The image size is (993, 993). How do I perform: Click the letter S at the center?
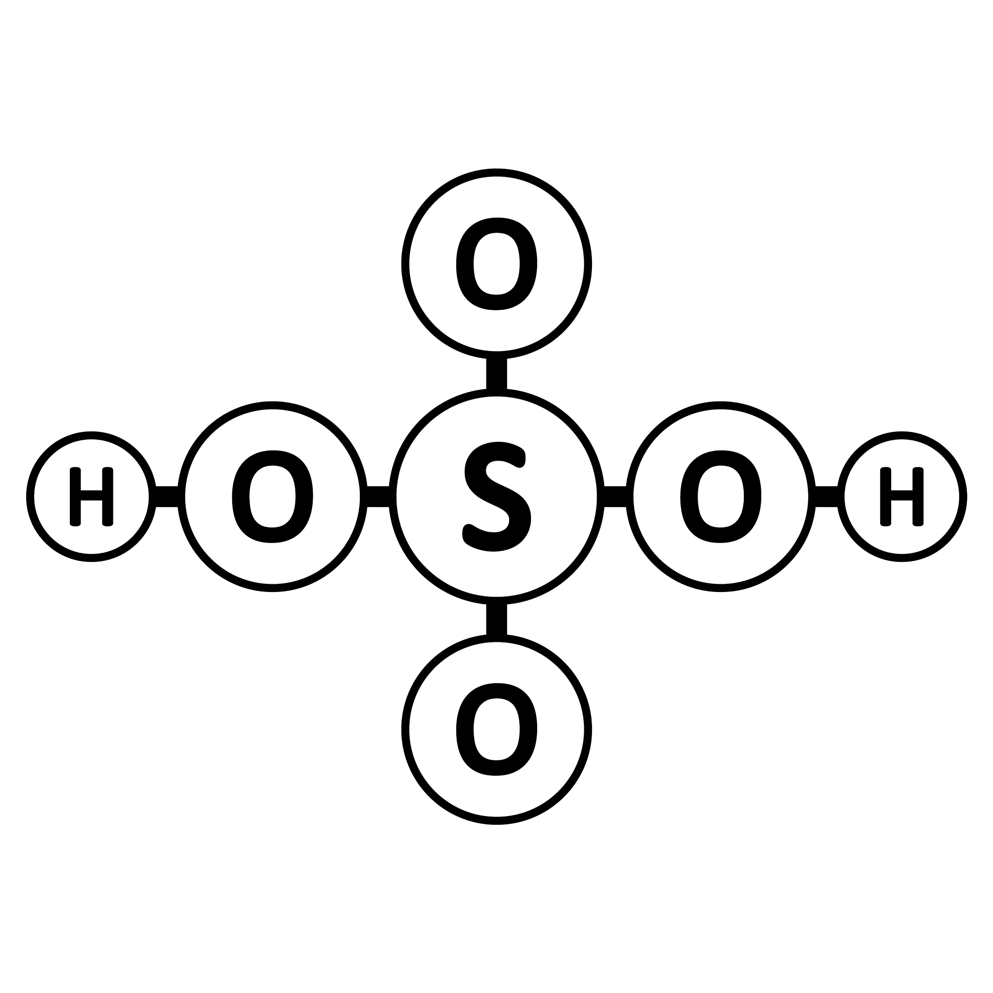tap(496, 496)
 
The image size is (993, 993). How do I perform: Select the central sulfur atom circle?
tap(496, 393)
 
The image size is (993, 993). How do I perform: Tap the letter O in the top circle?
tap(496, 264)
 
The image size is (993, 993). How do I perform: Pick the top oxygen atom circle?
tap(496, 172)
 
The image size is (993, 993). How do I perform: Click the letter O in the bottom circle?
tap(496, 729)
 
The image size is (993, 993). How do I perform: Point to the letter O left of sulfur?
tap(272, 496)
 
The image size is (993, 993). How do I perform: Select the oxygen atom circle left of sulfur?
tap(272, 405)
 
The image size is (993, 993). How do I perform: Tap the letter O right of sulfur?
tap(721, 496)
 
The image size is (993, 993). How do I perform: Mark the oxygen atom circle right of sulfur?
tap(721, 405)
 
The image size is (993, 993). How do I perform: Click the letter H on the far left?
tap(92, 496)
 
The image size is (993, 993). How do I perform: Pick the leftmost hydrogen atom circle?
tap(92, 435)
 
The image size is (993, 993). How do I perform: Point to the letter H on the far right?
tap(901, 496)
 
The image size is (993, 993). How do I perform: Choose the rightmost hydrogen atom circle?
tap(901, 435)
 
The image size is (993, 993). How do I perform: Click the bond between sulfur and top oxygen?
tap(496, 374)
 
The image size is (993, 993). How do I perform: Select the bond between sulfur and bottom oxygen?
tap(496, 619)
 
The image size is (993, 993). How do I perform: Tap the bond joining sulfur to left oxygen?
tap(378, 496)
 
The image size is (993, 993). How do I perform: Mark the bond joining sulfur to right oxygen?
tap(615, 496)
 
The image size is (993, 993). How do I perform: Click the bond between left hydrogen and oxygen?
tap(167, 496)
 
